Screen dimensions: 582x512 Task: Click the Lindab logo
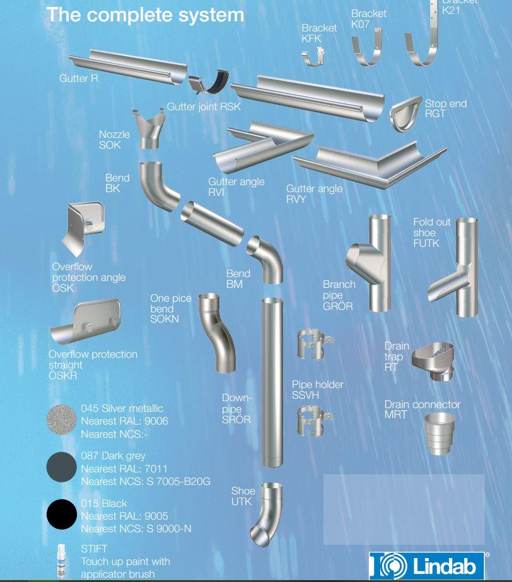point(429,565)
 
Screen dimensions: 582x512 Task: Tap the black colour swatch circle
point(61,515)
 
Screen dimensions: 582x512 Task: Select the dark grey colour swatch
point(61,467)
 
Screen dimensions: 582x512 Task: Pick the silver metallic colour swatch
point(61,419)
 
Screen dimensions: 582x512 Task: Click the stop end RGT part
point(405,114)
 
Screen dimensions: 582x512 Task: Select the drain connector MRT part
point(439,434)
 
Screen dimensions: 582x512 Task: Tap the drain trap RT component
point(433,362)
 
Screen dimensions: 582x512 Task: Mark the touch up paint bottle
point(62,560)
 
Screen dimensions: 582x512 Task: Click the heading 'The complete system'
point(145,14)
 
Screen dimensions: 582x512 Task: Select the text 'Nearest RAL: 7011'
point(124,468)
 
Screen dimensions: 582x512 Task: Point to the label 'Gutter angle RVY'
point(314,193)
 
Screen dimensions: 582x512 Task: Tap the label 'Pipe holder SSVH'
point(317,389)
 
